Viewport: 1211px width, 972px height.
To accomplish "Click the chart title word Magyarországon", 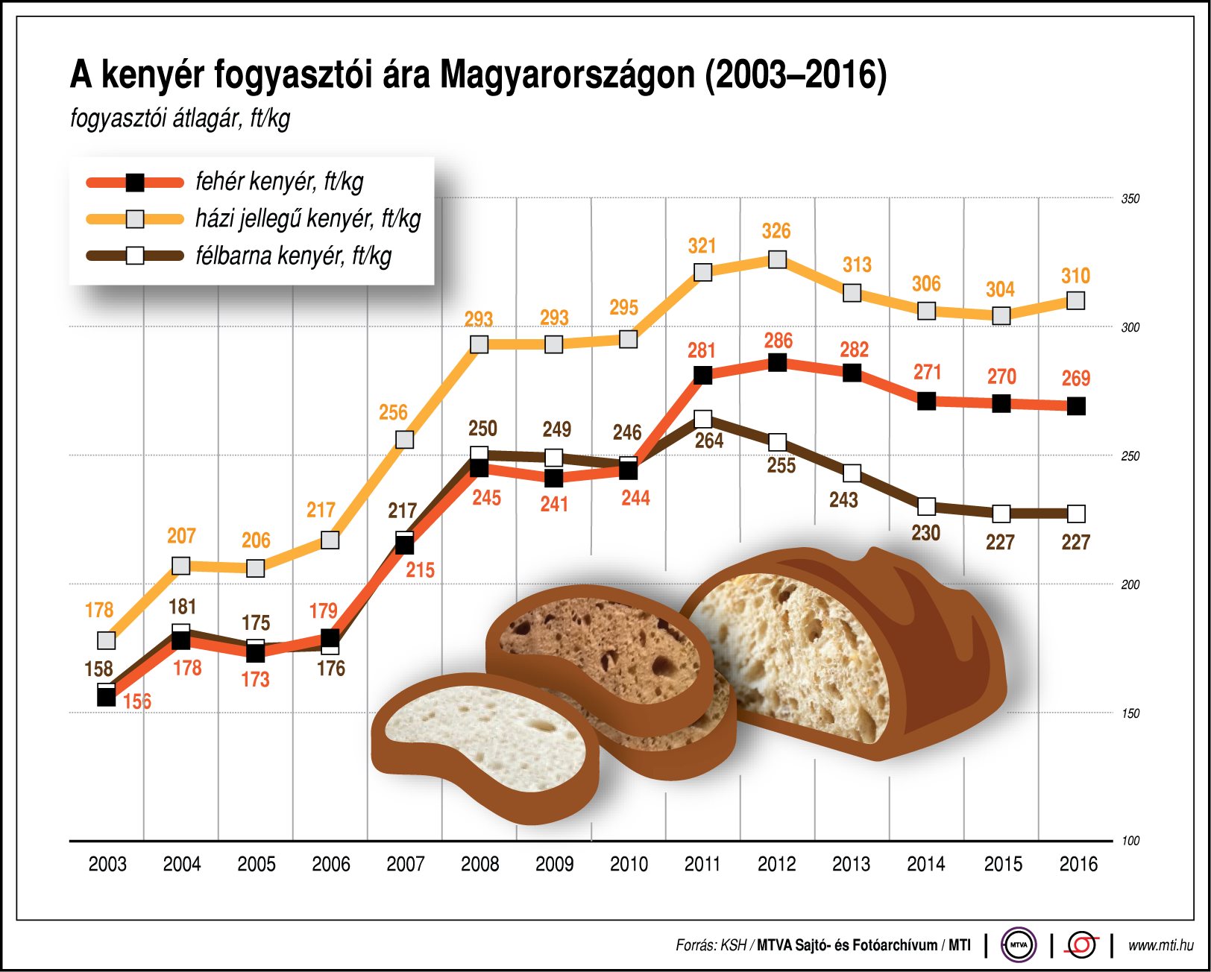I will (567, 75).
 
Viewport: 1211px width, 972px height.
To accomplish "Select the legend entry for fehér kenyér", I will (279, 182).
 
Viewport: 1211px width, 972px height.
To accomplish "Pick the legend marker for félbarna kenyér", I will (135, 256).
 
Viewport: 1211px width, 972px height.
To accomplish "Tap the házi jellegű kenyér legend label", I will (307, 218).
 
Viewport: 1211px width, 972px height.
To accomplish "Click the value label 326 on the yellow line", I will (776, 231).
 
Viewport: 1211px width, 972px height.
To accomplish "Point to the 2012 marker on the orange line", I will (777, 363).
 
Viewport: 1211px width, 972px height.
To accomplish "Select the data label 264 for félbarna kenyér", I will (709, 441).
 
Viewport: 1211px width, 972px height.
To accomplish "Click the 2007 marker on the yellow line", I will (404, 440).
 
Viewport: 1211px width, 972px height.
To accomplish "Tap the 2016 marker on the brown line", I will (1075, 514).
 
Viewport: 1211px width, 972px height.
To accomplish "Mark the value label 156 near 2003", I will (137, 701).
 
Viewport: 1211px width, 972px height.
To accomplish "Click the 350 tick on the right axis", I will (1130, 199).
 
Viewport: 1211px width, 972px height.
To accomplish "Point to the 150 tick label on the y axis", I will (1130, 713).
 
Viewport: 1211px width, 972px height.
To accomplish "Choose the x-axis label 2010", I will (629, 865).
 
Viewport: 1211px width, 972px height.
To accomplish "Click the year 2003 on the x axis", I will (107, 865).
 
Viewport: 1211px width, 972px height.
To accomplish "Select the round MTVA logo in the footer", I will (1019, 945).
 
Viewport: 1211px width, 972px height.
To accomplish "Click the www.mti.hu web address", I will (1160, 945).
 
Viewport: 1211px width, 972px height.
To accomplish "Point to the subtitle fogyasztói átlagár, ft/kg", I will (180, 118).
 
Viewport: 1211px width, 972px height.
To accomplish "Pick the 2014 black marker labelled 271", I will (926, 402).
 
